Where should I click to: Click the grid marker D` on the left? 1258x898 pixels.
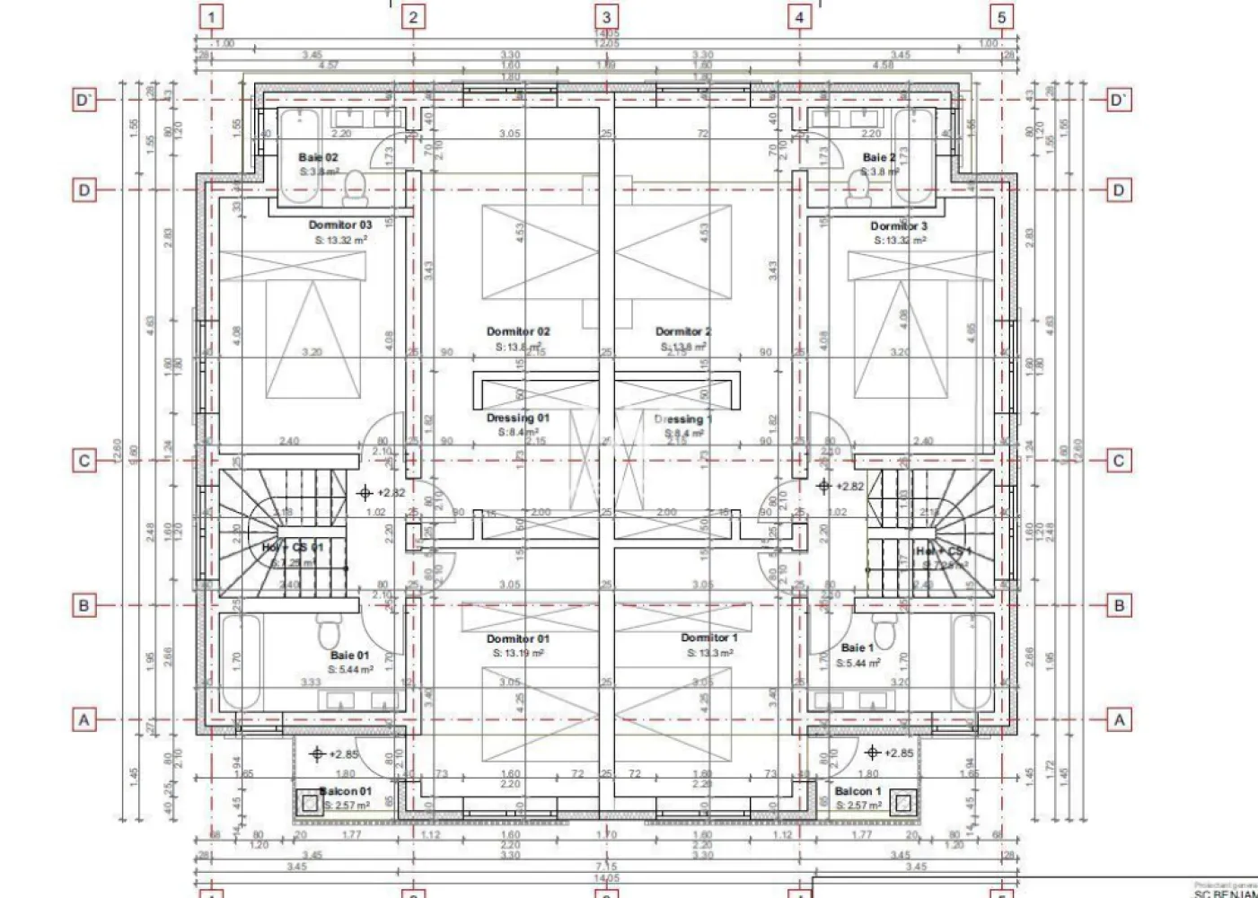coord(84,100)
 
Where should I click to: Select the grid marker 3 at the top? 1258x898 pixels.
coord(607,17)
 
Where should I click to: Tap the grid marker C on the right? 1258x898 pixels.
coord(1119,461)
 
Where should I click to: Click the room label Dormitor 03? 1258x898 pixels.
coord(339,225)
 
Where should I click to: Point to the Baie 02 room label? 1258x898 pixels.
coord(319,158)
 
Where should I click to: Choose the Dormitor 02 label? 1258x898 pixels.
coord(518,332)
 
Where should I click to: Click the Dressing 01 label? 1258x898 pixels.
coord(518,418)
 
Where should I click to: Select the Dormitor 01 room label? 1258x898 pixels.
coord(518,639)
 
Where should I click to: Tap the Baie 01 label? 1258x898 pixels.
coord(349,656)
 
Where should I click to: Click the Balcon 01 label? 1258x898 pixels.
coord(346,791)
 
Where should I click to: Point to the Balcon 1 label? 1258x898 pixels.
coord(858,791)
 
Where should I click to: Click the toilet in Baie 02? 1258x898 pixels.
coord(356,186)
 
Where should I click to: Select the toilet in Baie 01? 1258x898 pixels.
coord(327,632)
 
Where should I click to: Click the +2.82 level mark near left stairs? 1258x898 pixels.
coord(365,492)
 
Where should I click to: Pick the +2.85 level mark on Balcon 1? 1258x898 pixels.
coord(872,753)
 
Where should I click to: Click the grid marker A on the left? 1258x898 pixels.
coord(84,720)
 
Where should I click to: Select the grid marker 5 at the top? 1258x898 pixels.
coord(1001,17)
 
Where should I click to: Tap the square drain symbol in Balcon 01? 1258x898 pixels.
coord(310,803)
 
